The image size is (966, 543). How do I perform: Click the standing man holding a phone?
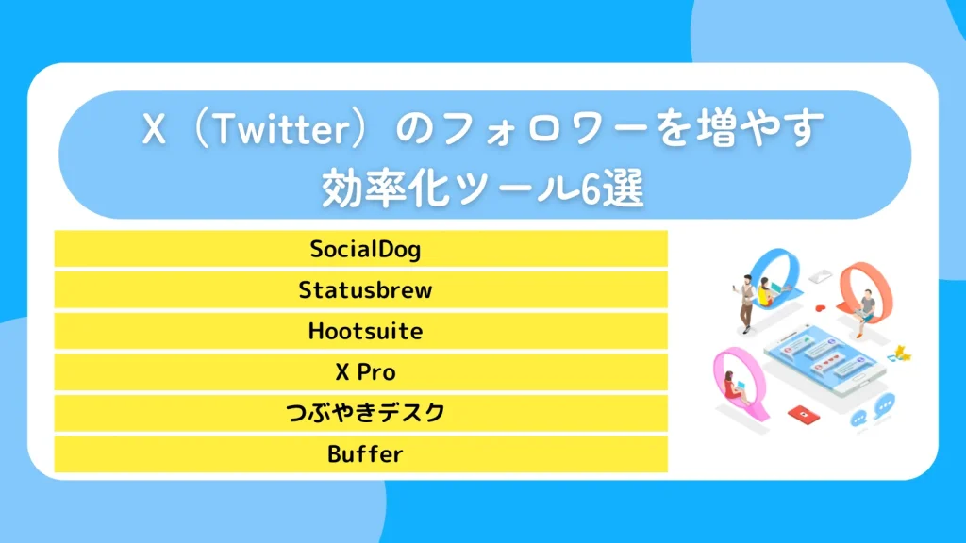pyautogui.click(x=745, y=302)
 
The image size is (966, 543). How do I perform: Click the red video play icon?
pyautogui.click(x=802, y=413)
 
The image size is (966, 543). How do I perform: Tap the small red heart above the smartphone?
pyautogui.click(x=820, y=307)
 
